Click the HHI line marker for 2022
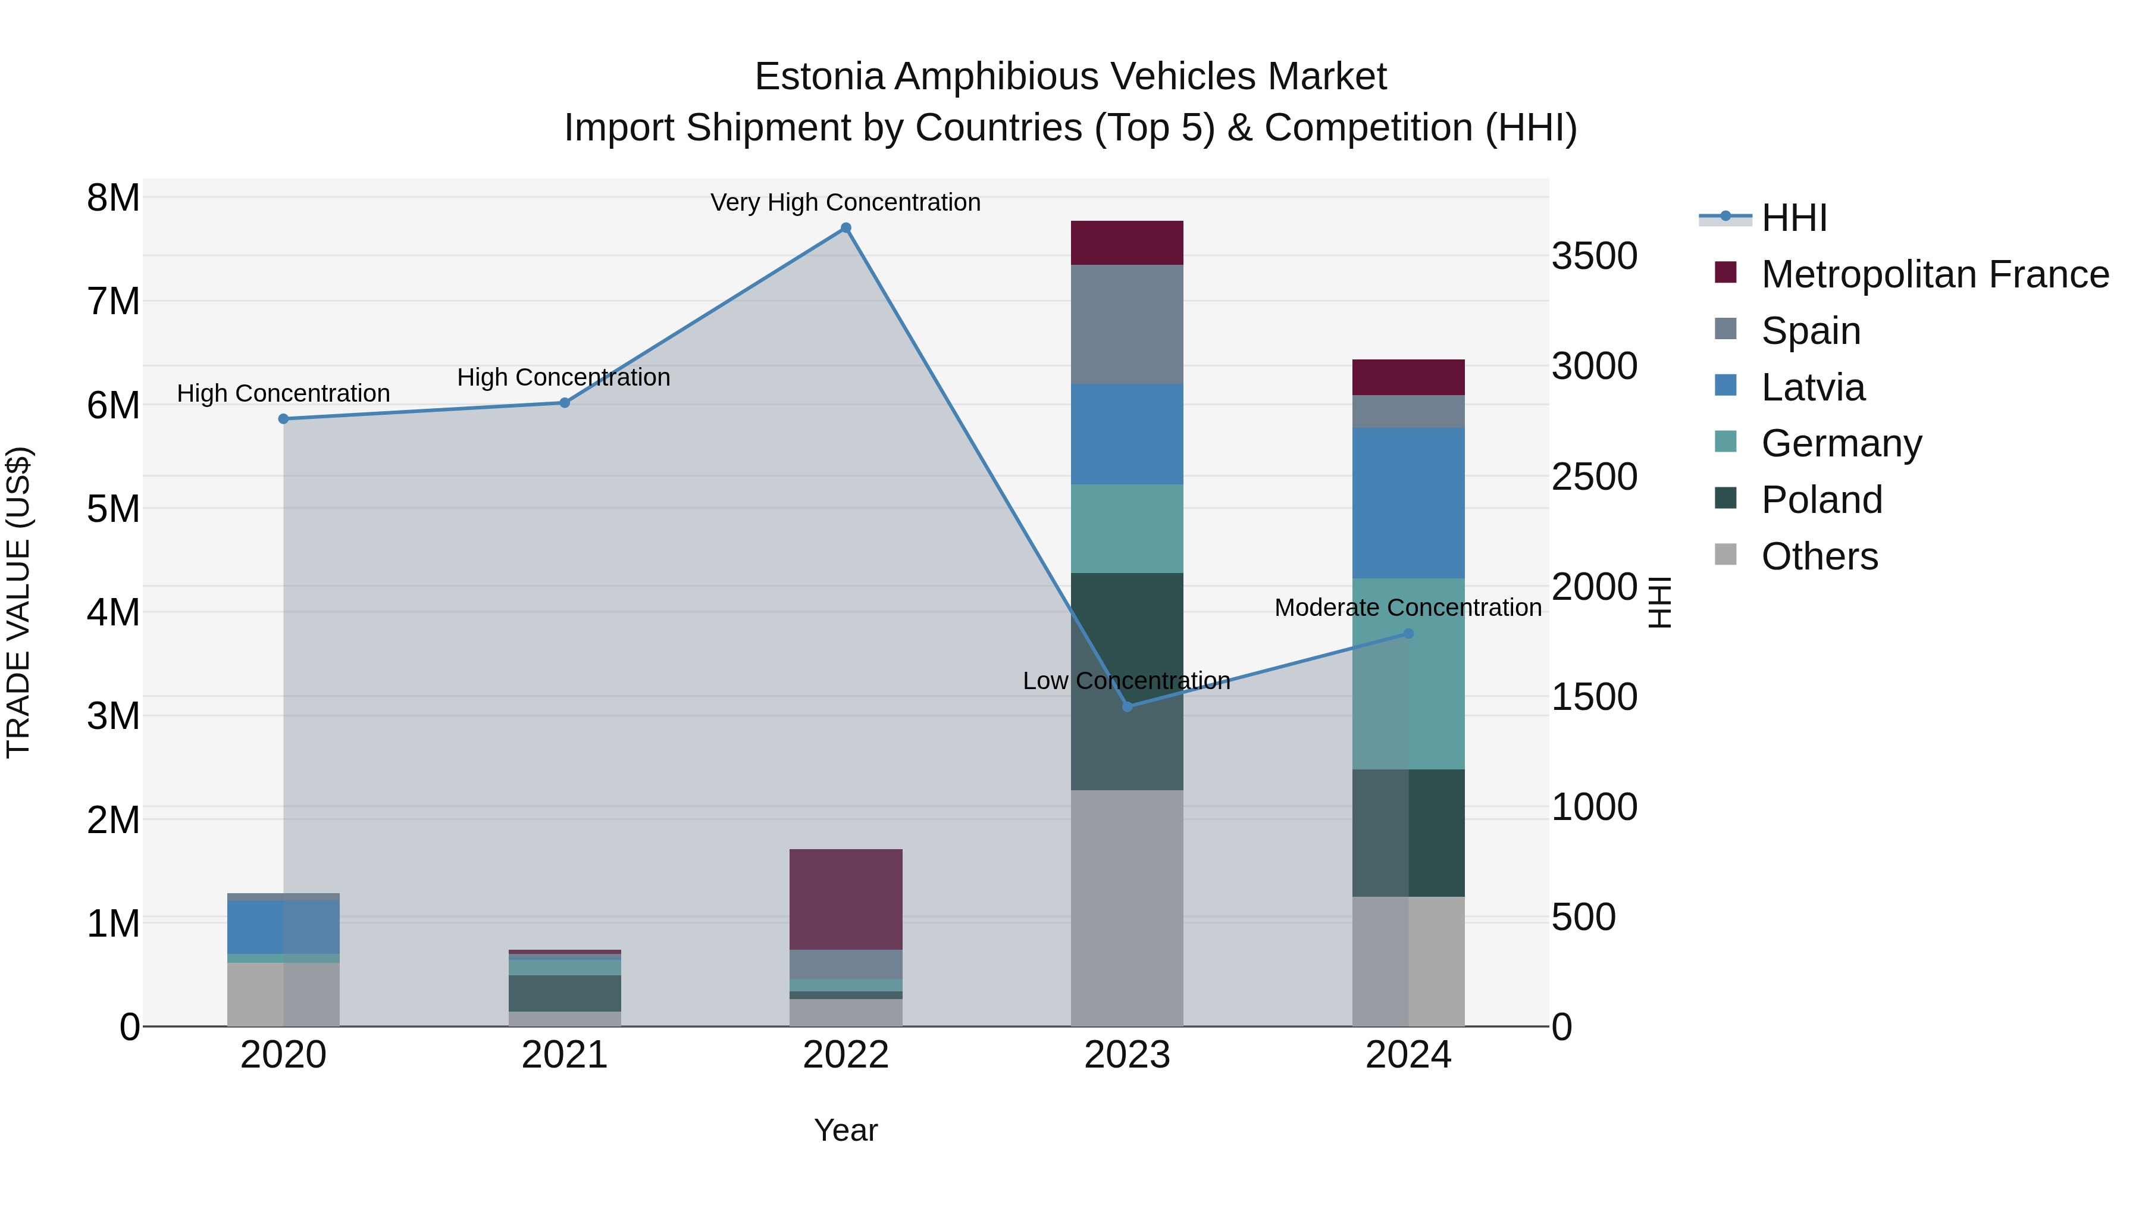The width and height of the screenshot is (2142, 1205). [845, 228]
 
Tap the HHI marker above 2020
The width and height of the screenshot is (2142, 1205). [284, 419]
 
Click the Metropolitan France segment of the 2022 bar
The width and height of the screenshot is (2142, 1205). [845, 899]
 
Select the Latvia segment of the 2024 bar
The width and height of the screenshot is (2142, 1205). [1408, 503]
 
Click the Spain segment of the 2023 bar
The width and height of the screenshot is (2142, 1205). [1128, 324]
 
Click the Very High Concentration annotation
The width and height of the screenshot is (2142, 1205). [845, 203]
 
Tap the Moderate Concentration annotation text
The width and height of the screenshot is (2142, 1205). [1408, 608]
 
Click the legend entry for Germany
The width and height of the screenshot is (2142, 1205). [1841, 443]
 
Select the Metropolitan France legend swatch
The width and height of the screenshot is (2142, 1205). [1725, 273]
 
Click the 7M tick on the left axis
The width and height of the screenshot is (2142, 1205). [114, 301]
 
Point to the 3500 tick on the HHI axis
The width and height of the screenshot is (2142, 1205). [1594, 256]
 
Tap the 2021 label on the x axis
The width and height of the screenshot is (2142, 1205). [565, 1055]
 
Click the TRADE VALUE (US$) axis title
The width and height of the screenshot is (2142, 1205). [18, 602]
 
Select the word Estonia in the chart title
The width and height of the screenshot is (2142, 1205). [819, 77]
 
